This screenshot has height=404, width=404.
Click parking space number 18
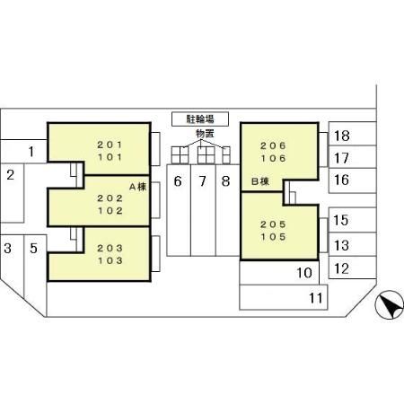(352, 134)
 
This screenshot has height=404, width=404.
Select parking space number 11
(284, 297)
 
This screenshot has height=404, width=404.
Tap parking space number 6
(179, 210)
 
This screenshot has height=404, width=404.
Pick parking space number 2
(12, 193)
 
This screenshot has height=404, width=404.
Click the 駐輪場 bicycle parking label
(200, 119)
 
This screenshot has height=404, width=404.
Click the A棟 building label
(138, 187)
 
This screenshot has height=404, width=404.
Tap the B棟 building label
(260, 181)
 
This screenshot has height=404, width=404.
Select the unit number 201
(110, 145)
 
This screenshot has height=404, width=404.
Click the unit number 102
(110, 211)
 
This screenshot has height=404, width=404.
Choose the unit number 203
(110, 248)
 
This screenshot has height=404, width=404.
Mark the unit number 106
(273, 158)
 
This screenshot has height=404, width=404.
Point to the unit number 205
(273, 224)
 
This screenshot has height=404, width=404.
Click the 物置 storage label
(205, 134)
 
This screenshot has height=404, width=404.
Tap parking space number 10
(279, 272)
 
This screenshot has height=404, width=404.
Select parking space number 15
(352, 220)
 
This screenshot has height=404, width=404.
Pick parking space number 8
(227, 210)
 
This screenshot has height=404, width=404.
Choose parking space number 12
(352, 268)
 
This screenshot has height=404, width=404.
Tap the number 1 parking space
(23, 152)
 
